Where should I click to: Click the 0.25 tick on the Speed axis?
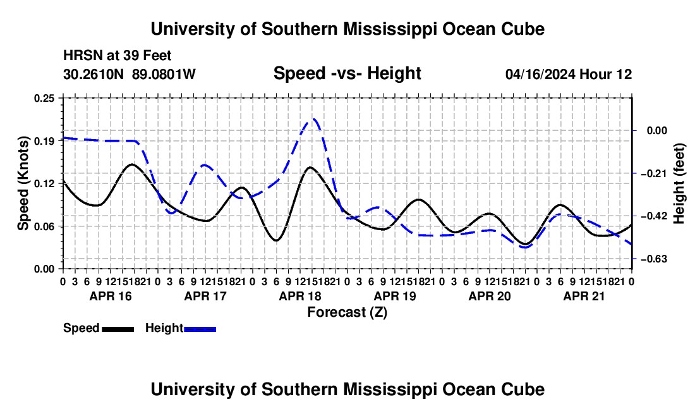pos(44,98)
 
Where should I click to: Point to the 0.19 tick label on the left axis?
pos(44,141)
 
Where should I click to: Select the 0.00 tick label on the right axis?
pos(657,130)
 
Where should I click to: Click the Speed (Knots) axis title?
pos(23,183)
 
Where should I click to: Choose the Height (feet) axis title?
pos(679,183)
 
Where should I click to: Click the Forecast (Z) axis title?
pos(347,312)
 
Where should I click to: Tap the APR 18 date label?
pos(300,296)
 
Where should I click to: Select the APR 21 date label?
pos(584,296)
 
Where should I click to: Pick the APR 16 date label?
pos(111,296)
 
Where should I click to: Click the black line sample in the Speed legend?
pos(118,329)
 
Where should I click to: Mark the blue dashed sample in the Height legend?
pos(200,329)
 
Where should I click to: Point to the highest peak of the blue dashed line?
pos(314,119)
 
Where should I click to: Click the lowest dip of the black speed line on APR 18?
pos(276,240)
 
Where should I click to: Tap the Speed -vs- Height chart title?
pos(347,73)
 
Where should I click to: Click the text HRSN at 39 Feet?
pos(117,56)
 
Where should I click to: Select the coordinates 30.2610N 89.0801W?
pos(130,74)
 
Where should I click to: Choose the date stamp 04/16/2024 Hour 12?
pos(569,74)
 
